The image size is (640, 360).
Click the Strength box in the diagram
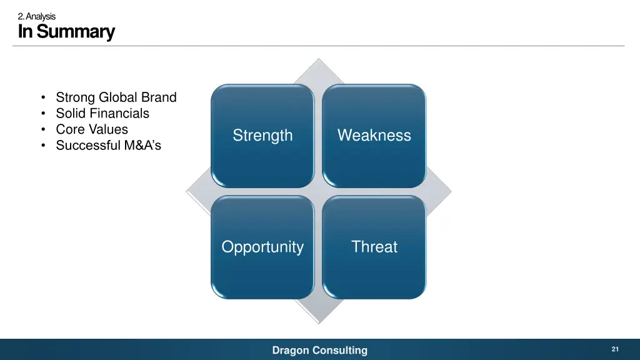pos(262,136)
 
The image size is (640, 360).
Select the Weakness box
pos(374,136)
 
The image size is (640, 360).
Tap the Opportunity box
pos(262,247)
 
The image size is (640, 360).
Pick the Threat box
pos(374,247)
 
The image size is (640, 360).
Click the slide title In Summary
pos(66,31)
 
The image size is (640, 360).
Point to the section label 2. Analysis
pos(37,16)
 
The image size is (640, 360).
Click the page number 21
pos(615,349)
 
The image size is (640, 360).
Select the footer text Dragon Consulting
pos(319,351)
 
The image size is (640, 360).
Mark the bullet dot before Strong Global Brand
pos(42,98)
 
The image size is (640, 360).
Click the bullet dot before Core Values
pos(42,130)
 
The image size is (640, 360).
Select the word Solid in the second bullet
pos(70,114)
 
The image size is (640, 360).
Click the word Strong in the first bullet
pos(75,97)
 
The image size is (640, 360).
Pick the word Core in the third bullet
pos(69,129)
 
